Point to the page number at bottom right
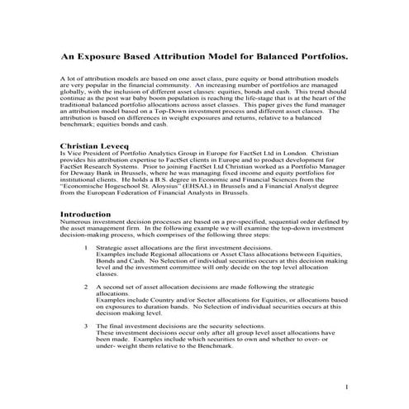click(348, 388)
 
